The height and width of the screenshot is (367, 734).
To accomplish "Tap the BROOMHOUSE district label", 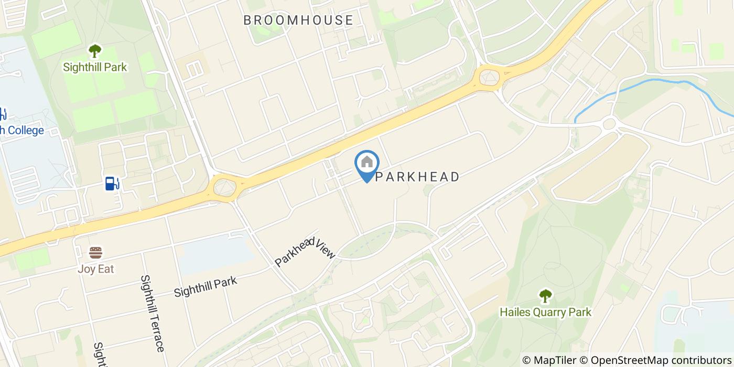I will [298, 20].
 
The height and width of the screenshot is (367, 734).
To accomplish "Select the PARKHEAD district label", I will [417, 177].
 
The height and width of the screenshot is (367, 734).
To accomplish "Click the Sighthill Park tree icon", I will [95, 51].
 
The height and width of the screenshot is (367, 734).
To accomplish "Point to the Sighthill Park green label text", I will [95, 67].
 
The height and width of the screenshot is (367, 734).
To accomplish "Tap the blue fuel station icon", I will [112, 183].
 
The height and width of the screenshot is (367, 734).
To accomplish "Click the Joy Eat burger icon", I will [95, 253].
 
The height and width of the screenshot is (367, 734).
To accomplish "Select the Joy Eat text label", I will [95, 269].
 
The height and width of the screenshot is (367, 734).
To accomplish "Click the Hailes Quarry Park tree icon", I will [545, 296].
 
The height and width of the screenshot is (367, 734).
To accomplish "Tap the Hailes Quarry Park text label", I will [545, 312].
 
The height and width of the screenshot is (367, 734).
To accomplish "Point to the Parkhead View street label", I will [305, 251].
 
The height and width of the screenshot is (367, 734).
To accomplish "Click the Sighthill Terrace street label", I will [153, 313].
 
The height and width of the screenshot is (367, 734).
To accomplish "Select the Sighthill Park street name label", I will [206, 286].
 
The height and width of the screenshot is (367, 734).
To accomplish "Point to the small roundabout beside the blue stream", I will [609, 124].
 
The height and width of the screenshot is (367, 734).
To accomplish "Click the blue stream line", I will [655, 81].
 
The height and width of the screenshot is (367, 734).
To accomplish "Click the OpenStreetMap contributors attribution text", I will [662, 360].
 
